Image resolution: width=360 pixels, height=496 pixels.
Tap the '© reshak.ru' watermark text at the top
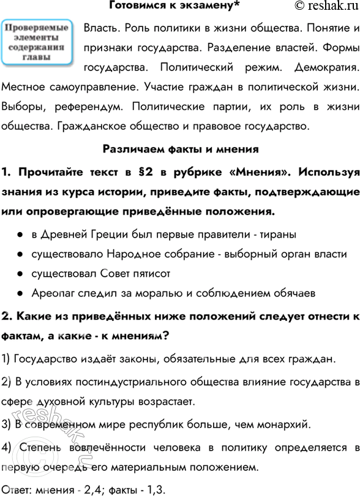click(317, 7)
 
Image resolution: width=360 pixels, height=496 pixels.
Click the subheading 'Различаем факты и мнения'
click(181, 149)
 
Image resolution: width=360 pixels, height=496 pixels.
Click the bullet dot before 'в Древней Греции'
click(20, 235)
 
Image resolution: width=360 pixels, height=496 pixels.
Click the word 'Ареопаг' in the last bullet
click(52, 293)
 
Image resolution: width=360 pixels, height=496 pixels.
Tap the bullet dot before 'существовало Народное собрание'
click(20, 254)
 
